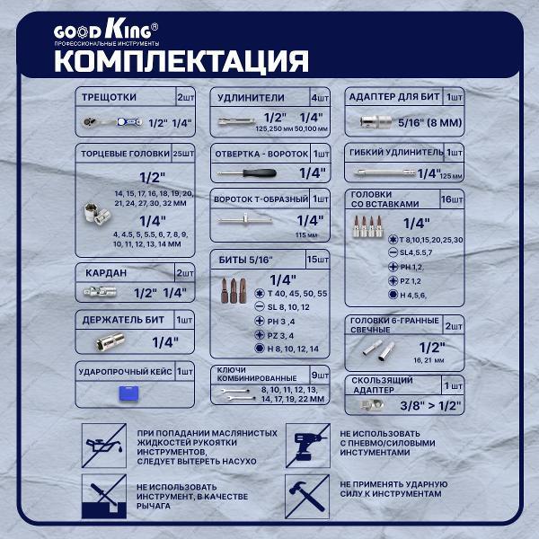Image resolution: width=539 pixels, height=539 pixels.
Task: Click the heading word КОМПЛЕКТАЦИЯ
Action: (x=181, y=61)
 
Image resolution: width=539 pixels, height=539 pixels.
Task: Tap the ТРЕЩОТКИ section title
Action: (x=109, y=97)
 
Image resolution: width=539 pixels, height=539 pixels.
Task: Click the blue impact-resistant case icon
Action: (x=124, y=393)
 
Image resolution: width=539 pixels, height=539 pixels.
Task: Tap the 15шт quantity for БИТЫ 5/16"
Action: (x=319, y=259)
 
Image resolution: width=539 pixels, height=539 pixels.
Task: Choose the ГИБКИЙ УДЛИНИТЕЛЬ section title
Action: (x=395, y=153)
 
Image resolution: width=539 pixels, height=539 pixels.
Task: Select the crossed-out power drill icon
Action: (x=303, y=443)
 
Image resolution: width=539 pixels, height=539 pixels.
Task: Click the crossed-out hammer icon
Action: (x=303, y=493)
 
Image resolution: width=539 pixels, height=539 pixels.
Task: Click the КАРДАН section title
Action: (x=101, y=273)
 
